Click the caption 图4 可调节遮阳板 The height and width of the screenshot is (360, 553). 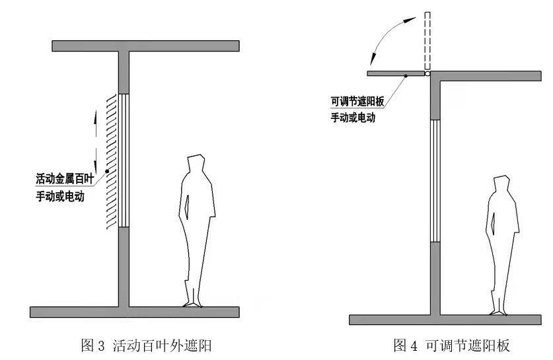click(x=452, y=345)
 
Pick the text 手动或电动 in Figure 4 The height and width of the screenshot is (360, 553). click(x=357, y=119)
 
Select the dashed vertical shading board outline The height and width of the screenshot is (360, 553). click(x=427, y=40)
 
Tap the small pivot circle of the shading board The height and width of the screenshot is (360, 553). click(x=427, y=75)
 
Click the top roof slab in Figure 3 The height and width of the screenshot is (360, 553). click(x=145, y=46)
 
